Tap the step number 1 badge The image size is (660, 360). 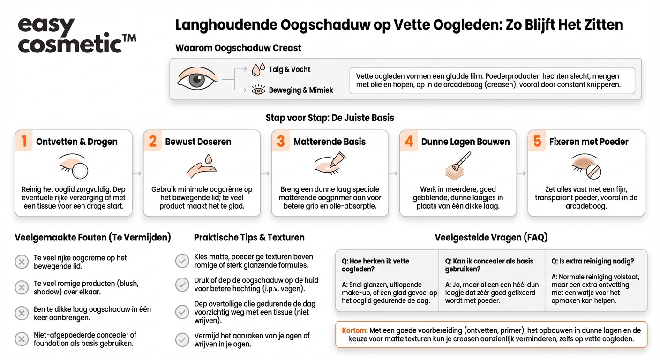24,142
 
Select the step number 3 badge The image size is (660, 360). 281,142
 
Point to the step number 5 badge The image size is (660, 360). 537,142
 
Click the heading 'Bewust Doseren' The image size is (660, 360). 198,142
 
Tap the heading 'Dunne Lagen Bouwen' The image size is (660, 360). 465,142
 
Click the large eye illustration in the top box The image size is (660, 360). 198,79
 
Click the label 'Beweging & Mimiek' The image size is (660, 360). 300,90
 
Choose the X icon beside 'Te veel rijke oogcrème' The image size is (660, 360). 22,262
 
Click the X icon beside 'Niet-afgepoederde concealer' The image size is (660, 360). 22,339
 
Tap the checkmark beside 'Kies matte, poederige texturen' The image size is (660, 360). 182,261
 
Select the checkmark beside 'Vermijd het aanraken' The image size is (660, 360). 182,339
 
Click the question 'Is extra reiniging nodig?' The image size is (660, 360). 592,261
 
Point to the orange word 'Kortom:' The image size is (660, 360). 355,330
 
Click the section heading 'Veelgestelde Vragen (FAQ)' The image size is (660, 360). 491,238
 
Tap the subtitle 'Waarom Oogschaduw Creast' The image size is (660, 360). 238,48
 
